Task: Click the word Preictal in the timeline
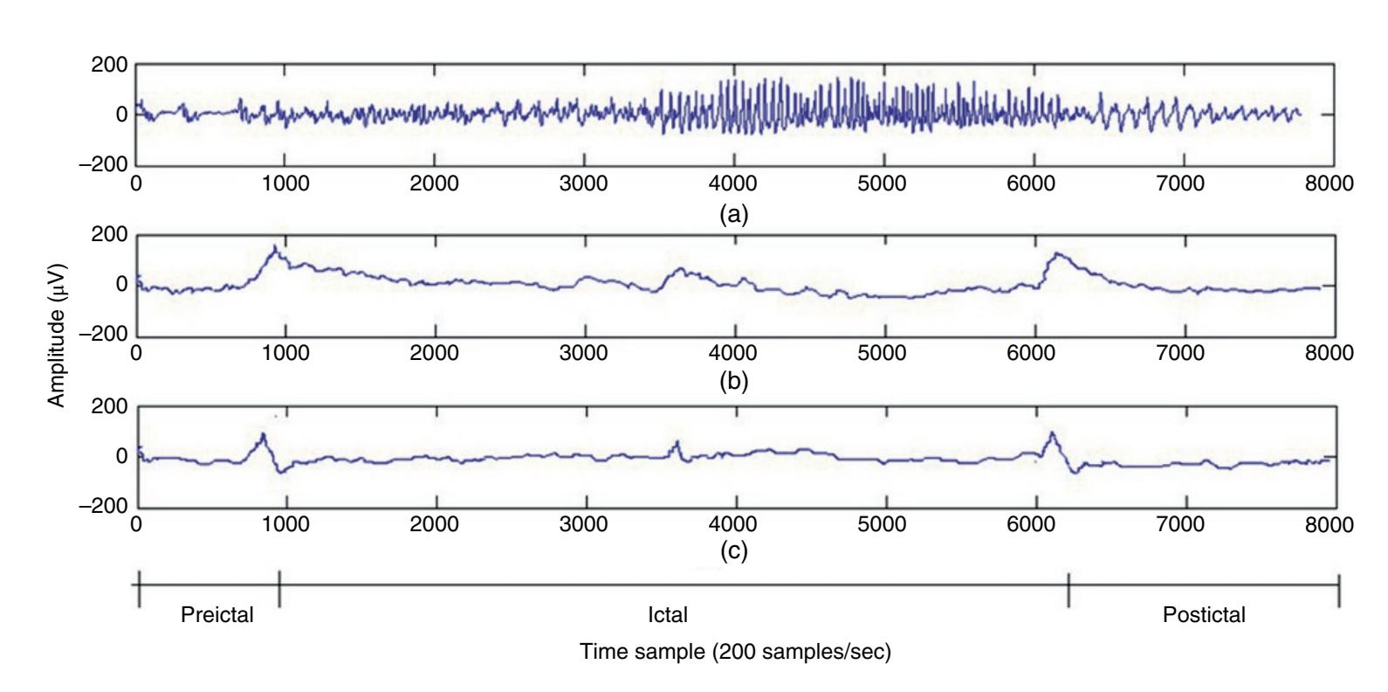pyautogui.click(x=216, y=615)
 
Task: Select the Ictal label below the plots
pyautogui.click(x=668, y=615)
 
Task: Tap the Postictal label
pyautogui.click(x=1204, y=615)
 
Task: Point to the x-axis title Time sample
pyautogui.click(x=735, y=653)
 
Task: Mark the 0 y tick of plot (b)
pyautogui.click(x=121, y=285)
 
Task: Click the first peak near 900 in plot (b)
pyautogui.click(x=275, y=247)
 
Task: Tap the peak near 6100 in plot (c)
pyautogui.click(x=1052, y=433)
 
